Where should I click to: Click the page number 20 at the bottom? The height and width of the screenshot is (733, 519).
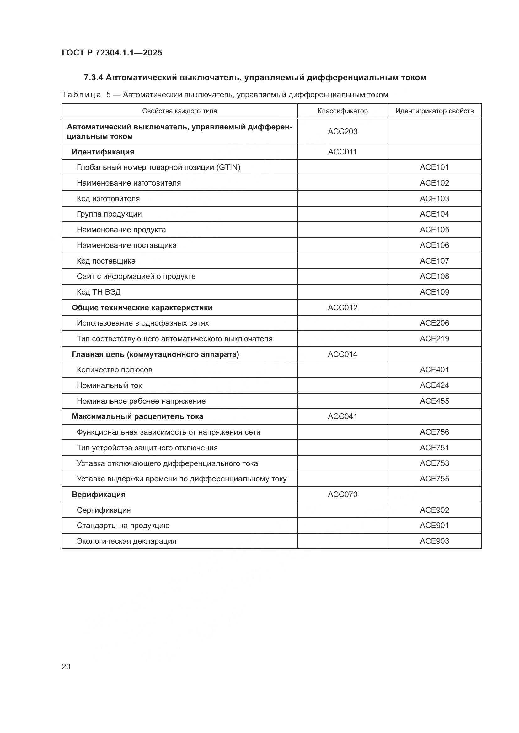pos(66,667)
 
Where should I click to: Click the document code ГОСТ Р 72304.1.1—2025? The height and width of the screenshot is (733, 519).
pos(112,53)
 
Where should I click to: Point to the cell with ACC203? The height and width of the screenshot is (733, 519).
pos(342,132)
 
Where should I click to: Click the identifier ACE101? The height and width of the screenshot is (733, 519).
pos(434,167)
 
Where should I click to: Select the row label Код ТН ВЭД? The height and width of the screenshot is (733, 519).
pos(99,292)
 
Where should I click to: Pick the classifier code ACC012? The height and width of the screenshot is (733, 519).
pos(342,308)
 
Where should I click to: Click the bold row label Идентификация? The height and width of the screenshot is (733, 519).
pos(103,152)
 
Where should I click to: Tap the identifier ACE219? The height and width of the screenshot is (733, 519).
pos(434,339)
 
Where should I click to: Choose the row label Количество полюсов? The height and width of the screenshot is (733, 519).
pos(115,370)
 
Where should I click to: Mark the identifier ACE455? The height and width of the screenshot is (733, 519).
pos(434,401)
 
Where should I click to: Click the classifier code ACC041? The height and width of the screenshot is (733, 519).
pos(342,416)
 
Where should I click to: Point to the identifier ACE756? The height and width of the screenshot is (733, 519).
pos(434,432)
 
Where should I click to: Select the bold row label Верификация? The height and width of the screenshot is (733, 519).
pos(99,495)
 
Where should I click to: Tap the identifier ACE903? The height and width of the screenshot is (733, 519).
pos(434,541)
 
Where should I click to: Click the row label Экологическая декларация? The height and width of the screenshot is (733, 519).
pos(126,541)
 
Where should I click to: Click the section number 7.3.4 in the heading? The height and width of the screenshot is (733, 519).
pos(93,78)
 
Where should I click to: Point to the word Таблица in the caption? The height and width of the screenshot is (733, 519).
pos(81,95)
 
